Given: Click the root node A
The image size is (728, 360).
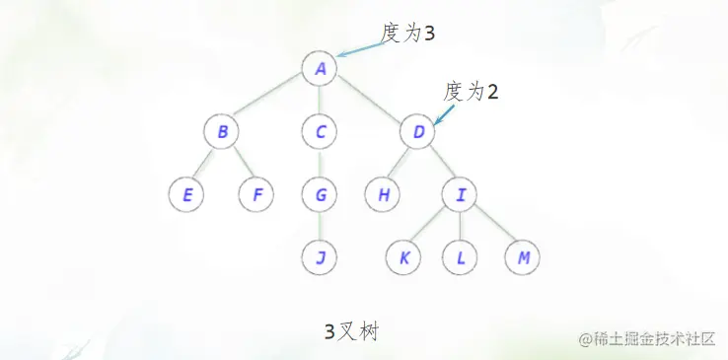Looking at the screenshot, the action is coord(320,69).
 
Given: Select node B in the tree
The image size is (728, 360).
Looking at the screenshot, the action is coord(222,131).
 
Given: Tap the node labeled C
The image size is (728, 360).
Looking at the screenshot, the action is coord(320,131).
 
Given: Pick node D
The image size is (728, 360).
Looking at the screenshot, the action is coord(417,131).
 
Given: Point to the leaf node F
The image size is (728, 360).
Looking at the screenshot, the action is coord(255,194).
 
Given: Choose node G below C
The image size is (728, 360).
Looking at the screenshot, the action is coord(320,194).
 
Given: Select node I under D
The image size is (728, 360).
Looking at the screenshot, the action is coord(460,194).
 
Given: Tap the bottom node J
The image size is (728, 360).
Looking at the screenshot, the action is coord(320,257).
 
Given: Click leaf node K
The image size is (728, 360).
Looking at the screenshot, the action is coord(403,257).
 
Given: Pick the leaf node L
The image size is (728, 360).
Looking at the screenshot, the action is coord(460,257).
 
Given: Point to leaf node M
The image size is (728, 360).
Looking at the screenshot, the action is coord(523,257).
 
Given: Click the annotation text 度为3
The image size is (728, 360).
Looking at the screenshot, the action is coord(408,33).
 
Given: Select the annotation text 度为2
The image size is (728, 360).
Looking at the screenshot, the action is coord(471,92).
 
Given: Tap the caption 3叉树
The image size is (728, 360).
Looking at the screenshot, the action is coord(351,331).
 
